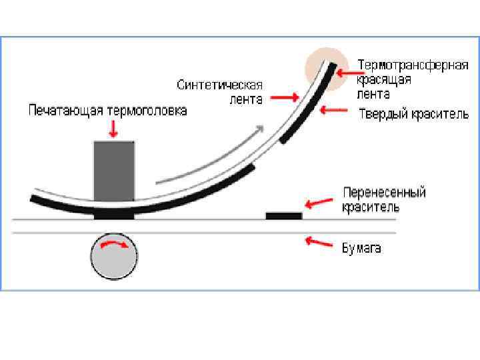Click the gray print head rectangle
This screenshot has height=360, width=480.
(x=114, y=170)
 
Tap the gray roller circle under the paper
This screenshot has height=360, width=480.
(x=114, y=255)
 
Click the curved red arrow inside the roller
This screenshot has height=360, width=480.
(x=114, y=247)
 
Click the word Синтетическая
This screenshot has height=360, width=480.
(x=220, y=85)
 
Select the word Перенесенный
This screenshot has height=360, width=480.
(x=384, y=193)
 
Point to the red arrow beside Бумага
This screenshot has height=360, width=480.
(x=319, y=242)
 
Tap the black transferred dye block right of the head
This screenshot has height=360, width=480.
(x=284, y=215)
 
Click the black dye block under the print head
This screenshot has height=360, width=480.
(x=114, y=215)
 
